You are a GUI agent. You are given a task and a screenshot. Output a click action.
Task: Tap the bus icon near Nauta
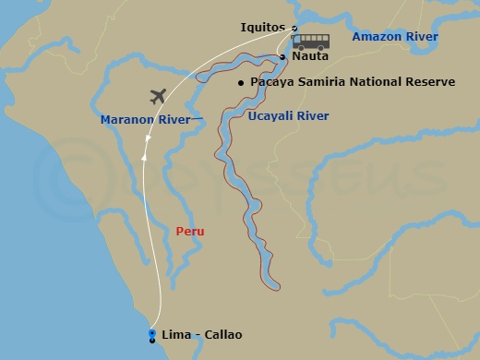click(311, 42)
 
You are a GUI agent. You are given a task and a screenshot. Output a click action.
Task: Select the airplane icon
click(159, 95)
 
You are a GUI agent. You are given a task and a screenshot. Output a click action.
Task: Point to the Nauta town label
click(309, 56)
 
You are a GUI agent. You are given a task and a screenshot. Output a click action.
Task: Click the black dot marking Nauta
click(283, 57)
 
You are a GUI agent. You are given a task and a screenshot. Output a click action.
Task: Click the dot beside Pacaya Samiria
click(241, 83)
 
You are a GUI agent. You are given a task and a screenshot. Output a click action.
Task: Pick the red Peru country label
click(189, 232)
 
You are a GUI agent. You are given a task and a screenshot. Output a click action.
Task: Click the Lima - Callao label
click(201, 334)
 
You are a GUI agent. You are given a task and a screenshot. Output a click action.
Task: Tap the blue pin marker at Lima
click(151, 334)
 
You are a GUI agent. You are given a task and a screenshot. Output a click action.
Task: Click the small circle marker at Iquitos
click(294, 28)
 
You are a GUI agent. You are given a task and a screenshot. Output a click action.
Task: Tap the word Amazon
click(375, 37)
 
